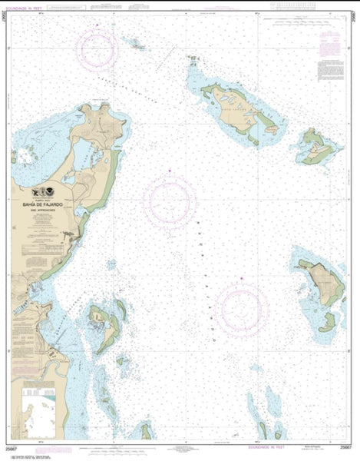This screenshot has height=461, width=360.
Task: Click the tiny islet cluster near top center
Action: [137, 44]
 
